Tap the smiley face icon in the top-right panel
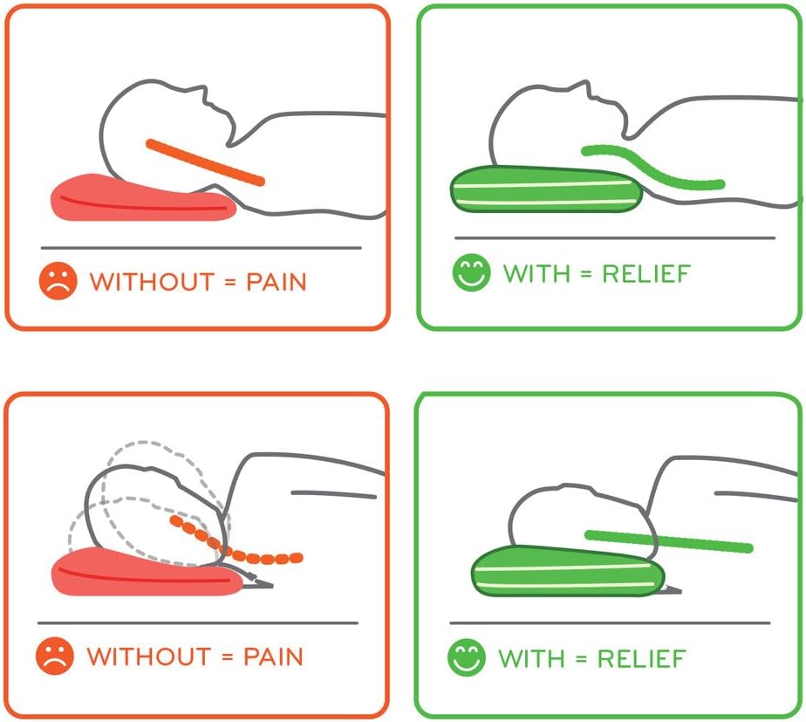[471, 272]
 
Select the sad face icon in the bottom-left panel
[54, 656]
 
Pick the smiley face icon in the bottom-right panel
[466, 657]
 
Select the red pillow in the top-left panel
[140, 198]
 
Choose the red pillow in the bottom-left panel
[140, 572]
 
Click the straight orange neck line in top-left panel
[205, 162]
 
